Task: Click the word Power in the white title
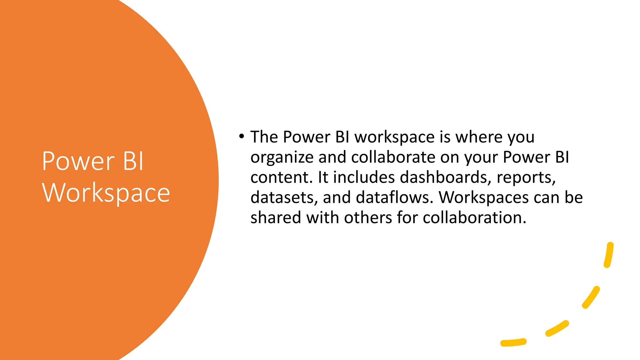click(x=78, y=161)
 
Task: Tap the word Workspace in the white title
click(x=106, y=193)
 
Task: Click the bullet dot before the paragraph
click(x=241, y=136)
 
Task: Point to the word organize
click(x=282, y=157)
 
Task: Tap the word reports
click(x=526, y=177)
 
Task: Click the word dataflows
click(x=394, y=197)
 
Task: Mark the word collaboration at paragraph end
click(x=474, y=217)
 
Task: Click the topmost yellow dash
click(x=609, y=255)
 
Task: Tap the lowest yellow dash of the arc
click(x=513, y=342)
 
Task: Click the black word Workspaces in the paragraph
click(x=483, y=197)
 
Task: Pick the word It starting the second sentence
click(x=323, y=177)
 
